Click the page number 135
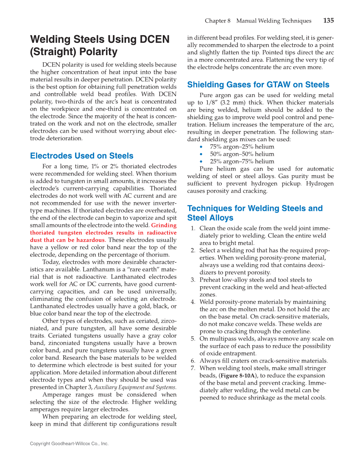click(328, 20)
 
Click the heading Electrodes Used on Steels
click(81, 156)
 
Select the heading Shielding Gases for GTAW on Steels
click(258, 84)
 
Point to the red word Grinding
click(164, 225)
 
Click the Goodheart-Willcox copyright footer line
click(69, 444)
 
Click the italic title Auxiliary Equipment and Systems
click(135, 387)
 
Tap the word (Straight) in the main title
click(52, 52)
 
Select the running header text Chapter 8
click(218, 21)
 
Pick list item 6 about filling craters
click(263, 361)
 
